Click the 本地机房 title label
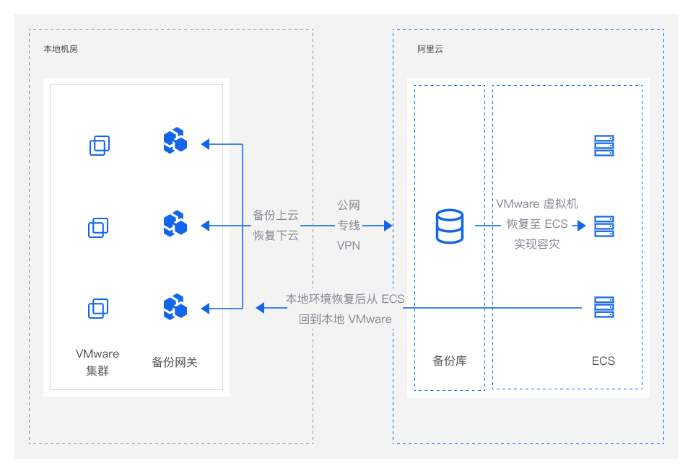61,49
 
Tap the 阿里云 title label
430,49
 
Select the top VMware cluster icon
100,146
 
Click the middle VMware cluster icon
98,227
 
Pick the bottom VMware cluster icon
98,309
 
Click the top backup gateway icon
175,141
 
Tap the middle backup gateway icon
175,224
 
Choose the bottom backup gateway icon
175,306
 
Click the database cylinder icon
450,226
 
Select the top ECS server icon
604,146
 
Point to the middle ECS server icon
604,226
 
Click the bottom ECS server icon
604,307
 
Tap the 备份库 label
450,361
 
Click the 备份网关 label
175,362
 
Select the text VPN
348,246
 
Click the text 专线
349,225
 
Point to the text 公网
349,205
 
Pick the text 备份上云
276,215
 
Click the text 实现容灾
537,244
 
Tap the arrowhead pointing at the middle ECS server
582,226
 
